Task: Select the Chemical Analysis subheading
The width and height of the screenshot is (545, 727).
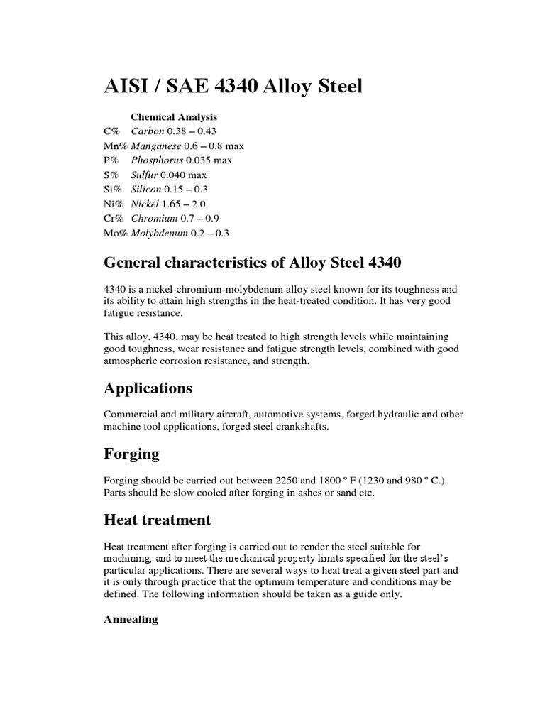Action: click(x=174, y=116)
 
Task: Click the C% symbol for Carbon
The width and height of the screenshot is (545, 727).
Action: click(x=112, y=131)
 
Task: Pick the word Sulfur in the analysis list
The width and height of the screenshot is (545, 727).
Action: click(x=144, y=175)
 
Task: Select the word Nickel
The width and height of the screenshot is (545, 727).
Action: click(x=145, y=204)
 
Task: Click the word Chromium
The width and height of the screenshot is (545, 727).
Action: click(x=153, y=218)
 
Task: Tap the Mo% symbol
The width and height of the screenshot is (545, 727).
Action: click(x=116, y=233)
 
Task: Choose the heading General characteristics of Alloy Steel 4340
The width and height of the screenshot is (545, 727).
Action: click(x=253, y=263)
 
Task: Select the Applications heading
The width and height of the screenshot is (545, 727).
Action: click(x=148, y=388)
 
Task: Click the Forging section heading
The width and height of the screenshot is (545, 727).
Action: click(x=131, y=454)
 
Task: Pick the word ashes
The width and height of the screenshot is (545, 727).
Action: click(x=293, y=493)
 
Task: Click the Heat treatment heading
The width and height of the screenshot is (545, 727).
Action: click(x=157, y=520)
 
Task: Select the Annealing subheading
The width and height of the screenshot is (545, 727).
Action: click(x=131, y=620)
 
